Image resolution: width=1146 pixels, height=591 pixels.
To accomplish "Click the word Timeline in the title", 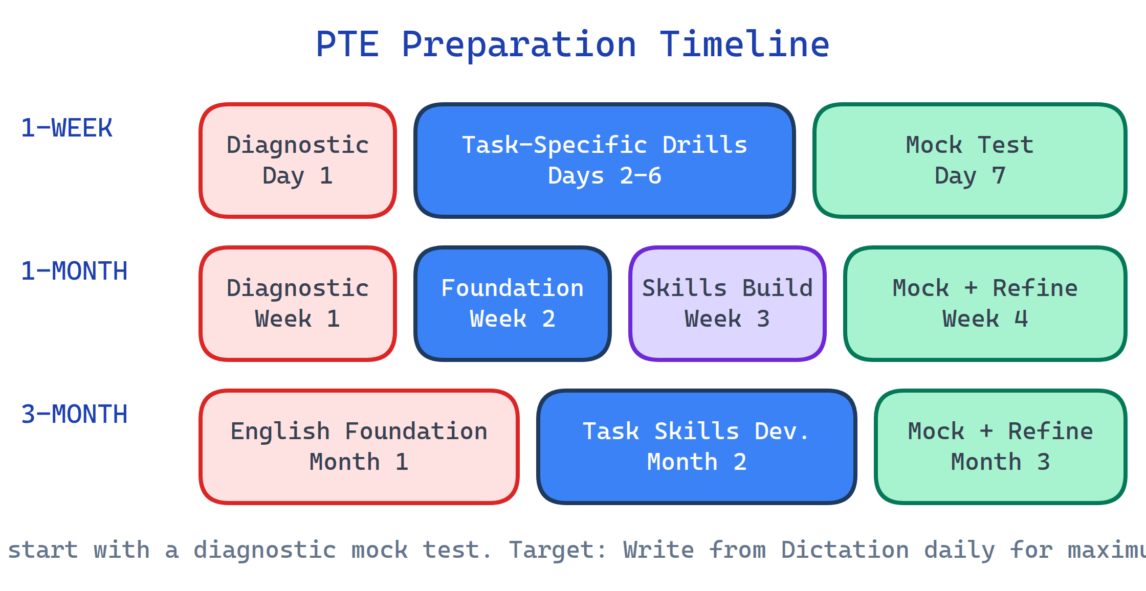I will click(x=744, y=44).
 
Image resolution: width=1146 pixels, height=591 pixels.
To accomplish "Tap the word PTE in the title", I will click(x=347, y=44).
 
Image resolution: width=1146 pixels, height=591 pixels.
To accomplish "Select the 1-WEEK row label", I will click(x=67, y=128).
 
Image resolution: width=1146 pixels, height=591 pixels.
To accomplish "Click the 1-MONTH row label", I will click(x=74, y=271).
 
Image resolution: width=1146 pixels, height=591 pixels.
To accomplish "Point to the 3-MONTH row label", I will click(x=74, y=414).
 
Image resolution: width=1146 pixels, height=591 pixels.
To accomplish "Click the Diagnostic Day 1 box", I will click(x=298, y=161).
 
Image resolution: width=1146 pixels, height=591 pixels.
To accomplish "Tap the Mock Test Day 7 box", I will click(x=969, y=161).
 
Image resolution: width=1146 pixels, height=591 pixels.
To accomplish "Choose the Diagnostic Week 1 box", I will click(x=298, y=304).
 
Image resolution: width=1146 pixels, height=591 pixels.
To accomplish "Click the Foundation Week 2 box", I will click(x=512, y=304).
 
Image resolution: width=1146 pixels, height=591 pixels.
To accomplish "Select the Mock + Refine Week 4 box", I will click(x=985, y=304).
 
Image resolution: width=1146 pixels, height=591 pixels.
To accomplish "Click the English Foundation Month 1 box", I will click(x=359, y=447).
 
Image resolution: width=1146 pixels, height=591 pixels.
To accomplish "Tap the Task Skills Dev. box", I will click(x=696, y=447).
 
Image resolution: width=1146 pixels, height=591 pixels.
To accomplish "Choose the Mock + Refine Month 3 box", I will click(x=1000, y=447).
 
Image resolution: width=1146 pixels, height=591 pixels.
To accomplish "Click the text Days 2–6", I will click(x=604, y=176).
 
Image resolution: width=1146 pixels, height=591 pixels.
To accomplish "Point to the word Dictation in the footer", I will click(x=845, y=550).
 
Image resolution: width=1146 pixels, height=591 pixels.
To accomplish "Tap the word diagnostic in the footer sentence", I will click(x=265, y=550).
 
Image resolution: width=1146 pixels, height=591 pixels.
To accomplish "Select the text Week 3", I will click(x=727, y=319).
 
